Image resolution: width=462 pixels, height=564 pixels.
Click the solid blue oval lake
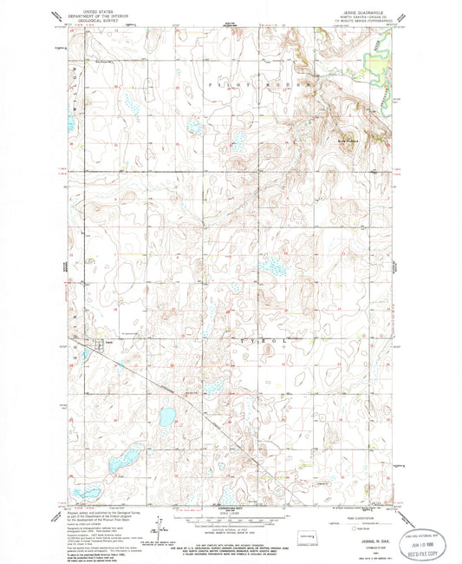[166, 417]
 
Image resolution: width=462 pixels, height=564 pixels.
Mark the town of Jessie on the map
[84, 341]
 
